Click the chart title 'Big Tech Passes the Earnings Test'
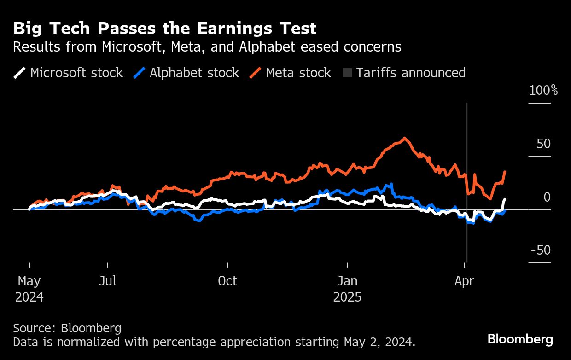(x=164, y=29)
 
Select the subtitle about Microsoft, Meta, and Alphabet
(x=207, y=47)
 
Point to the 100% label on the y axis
(x=543, y=90)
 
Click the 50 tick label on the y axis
(x=543, y=144)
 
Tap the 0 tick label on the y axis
(x=547, y=197)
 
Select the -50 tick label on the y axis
(x=541, y=250)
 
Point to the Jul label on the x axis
(x=108, y=281)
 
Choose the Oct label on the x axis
(x=227, y=281)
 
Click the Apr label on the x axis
(x=464, y=281)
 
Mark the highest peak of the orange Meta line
(x=404, y=138)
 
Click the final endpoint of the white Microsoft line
(x=505, y=199)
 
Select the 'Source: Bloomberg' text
(x=67, y=328)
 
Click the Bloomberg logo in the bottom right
(x=520, y=340)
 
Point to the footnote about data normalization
(x=214, y=342)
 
